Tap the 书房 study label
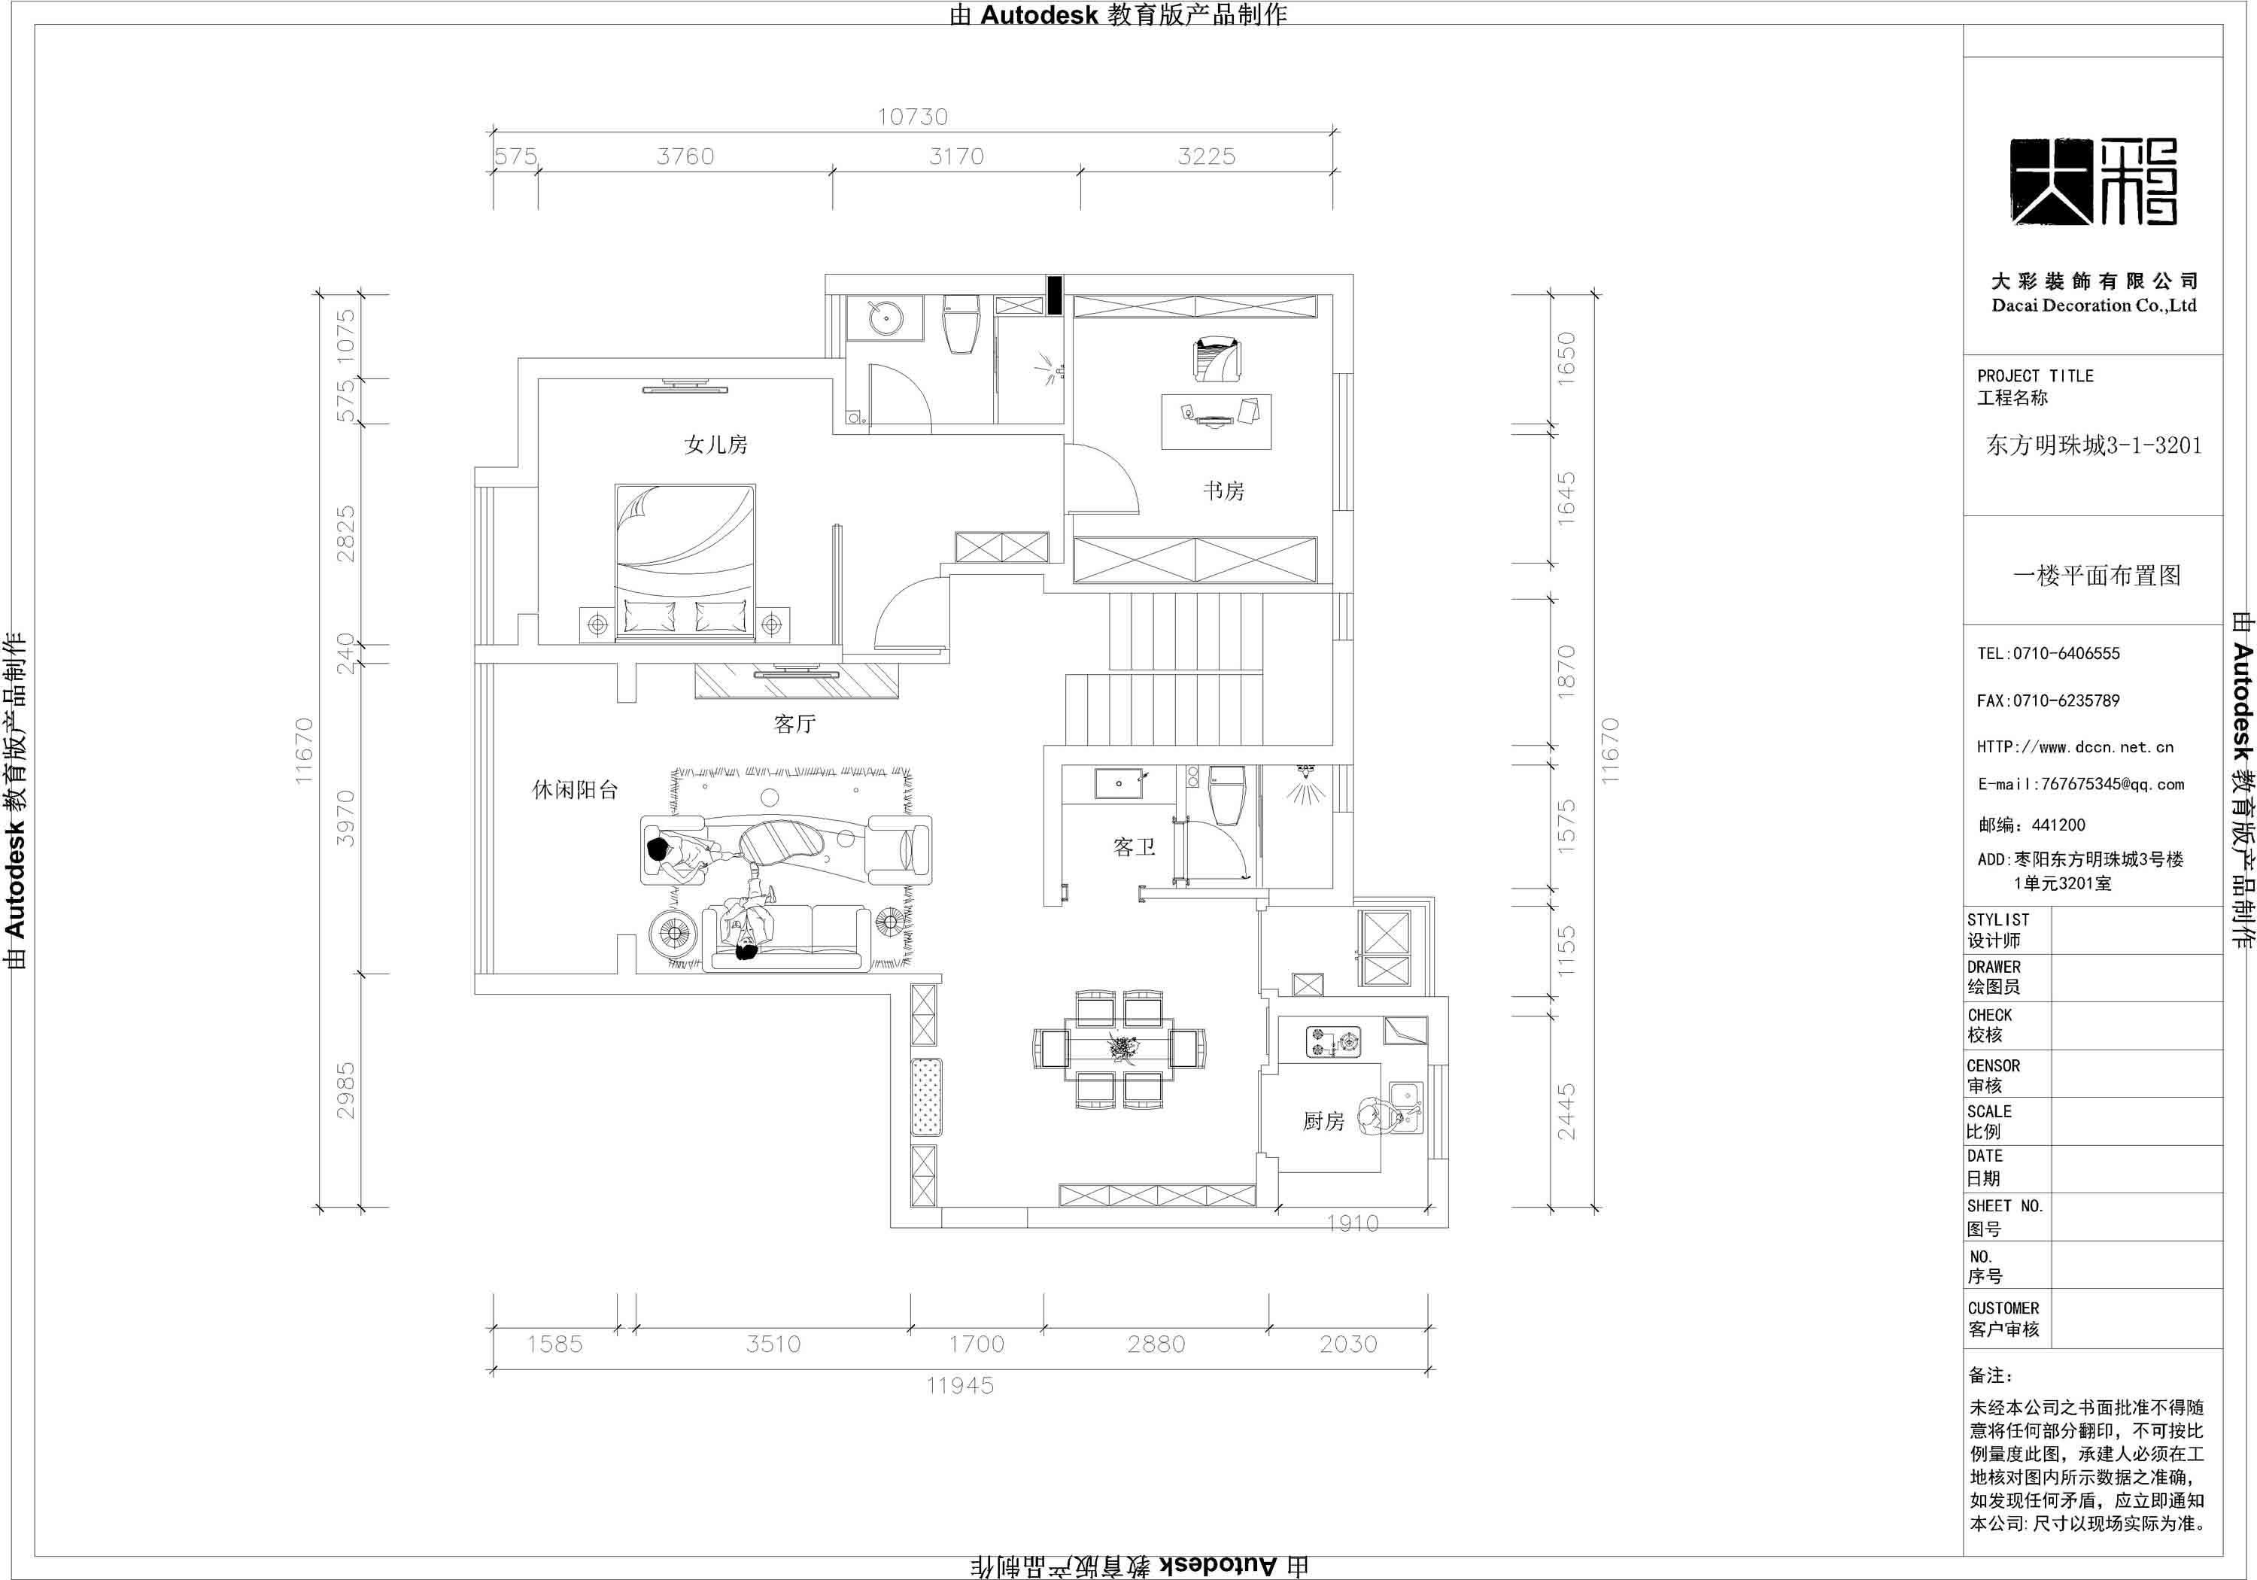pos(1224,491)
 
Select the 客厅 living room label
pos(794,725)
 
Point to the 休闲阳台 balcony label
pos(575,789)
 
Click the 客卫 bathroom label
pos(1135,846)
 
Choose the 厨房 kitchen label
pos(1323,1121)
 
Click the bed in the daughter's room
pos(685,562)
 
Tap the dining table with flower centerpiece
pos(1119,1048)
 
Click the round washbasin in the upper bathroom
pos(888,318)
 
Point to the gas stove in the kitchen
pos(1334,1042)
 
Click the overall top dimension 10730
pos(913,117)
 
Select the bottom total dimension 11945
pos(961,1385)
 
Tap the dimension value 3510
pos(773,1344)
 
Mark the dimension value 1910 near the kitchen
pos(1353,1223)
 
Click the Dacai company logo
pos(2093,182)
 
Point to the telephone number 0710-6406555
pos(2067,654)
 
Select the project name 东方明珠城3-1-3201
pos(2094,445)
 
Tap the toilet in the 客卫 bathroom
pos(1227,795)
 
